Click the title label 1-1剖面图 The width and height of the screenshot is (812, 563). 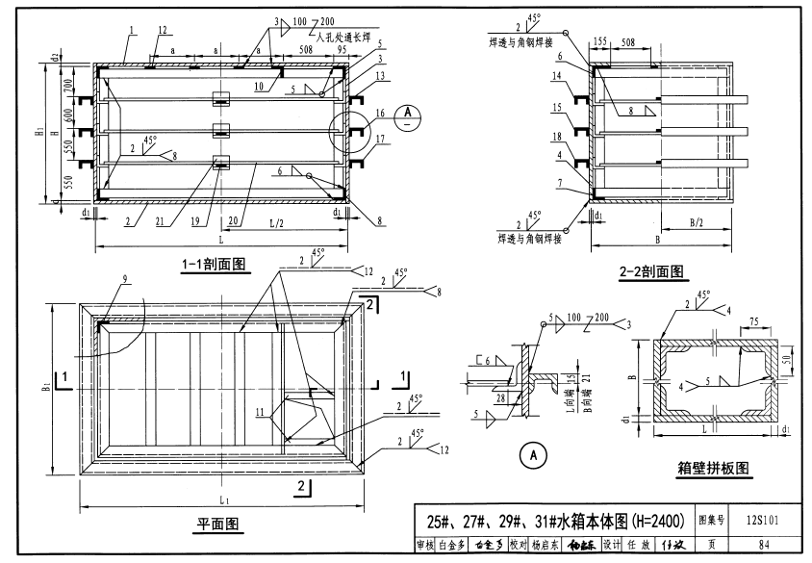point(215,263)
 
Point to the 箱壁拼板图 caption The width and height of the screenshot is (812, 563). point(713,469)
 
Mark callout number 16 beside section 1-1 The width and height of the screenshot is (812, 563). point(379,114)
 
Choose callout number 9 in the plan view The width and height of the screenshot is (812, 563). point(124,280)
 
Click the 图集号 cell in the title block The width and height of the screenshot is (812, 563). point(711,521)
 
